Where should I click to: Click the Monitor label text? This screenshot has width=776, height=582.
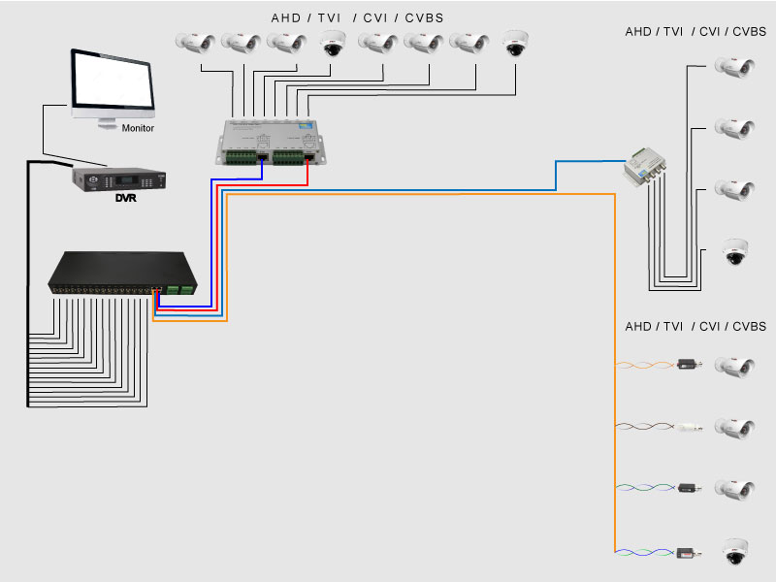click(x=138, y=128)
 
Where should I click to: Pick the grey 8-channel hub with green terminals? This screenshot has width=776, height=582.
click(x=269, y=142)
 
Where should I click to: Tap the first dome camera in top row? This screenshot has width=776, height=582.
click(x=333, y=44)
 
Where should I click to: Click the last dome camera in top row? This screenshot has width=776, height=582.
click(x=516, y=44)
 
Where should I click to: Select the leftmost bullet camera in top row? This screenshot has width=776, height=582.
click(x=195, y=43)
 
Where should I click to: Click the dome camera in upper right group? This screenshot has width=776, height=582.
click(x=734, y=253)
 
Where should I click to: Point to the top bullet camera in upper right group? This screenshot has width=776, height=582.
click(x=733, y=67)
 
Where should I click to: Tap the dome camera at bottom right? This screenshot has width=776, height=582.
click(x=734, y=552)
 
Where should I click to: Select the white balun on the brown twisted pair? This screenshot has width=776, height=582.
click(x=690, y=426)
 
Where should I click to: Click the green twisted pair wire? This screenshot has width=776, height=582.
click(x=646, y=488)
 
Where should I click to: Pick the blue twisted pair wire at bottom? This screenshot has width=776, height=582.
click(x=646, y=552)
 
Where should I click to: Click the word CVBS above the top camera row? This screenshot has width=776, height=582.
click(x=423, y=18)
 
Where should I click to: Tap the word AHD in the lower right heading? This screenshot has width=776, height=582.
click(x=638, y=327)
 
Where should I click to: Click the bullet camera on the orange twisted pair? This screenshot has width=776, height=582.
click(x=733, y=366)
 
